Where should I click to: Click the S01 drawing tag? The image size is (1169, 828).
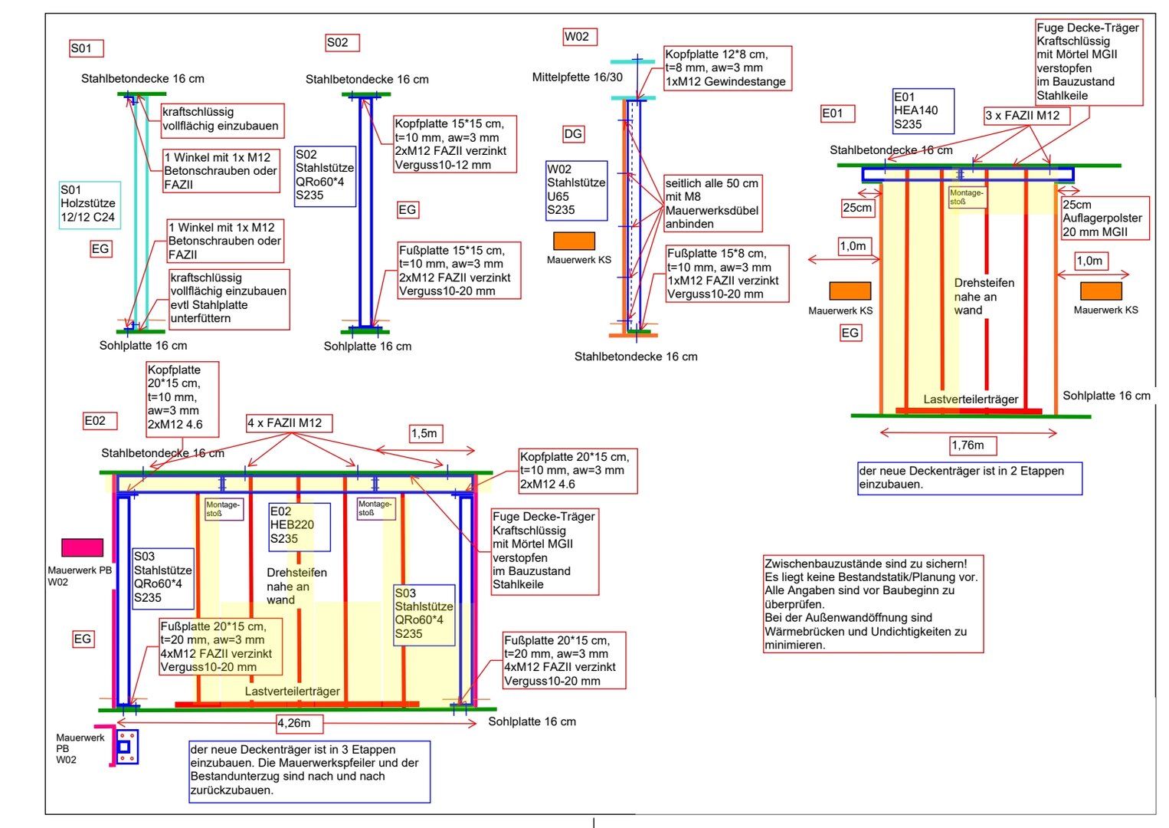click(x=86, y=48)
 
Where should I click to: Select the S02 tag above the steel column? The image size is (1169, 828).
click(x=342, y=43)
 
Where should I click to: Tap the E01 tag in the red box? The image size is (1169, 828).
click(x=837, y=113)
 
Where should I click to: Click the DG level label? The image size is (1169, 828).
click(x=573, y=134)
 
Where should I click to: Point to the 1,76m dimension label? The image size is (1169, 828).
click(x=968, y=445)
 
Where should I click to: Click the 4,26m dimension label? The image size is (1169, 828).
click(x=299, y=723)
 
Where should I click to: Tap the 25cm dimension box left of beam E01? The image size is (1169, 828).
click(x=857, y=208)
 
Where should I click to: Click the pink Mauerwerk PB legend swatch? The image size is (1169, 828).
click(x=82, y=547)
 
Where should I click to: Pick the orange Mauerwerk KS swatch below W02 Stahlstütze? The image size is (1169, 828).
click(x=574, y=241)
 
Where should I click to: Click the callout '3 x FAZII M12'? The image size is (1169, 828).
click(x=1026, y=116)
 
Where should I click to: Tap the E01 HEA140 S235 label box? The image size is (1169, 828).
click(x=922, y=110)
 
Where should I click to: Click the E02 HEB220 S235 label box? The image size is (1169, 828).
click(x=299, y=526)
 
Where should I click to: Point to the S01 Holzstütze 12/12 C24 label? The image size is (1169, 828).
click(x=89, y=203)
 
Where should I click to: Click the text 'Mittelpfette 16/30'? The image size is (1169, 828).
click(x=577, y=77)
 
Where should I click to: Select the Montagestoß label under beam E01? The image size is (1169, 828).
click(x=966, y=197)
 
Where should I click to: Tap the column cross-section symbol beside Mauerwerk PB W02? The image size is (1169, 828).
click(x=126, y=747)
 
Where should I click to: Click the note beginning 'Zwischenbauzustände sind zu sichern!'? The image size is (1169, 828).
click(x=873, y=604)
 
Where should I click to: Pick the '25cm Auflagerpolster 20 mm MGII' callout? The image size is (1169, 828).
click(x=1104, y=219)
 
